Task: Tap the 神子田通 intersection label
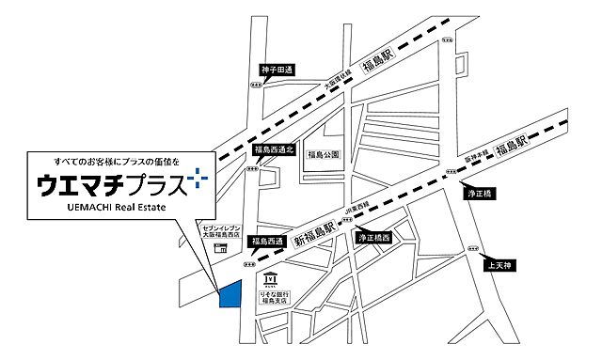pyautogui.click(x=277, y=70)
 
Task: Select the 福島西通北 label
pyautogui.click(x=275, y=149)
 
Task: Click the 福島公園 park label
pyautogui.click(x=322, y=153)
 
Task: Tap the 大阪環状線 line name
pyautogui.click(x=337, y=84)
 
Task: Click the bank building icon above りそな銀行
pyautogui.click(x=271, y=279)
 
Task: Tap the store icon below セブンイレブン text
pyautogui.click(x=219, y=248)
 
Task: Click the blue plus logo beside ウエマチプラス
pyautogui.click(x=197, y=175)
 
